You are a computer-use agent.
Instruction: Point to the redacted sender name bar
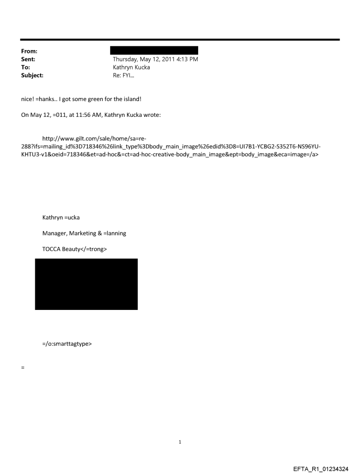(155, 50)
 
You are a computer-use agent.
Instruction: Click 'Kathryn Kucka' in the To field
(131, 67)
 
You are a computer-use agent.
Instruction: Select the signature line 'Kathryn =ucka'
(61, 217)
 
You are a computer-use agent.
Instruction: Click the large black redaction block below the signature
(86, 284)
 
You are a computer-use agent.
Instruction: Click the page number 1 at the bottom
(180, 442)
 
